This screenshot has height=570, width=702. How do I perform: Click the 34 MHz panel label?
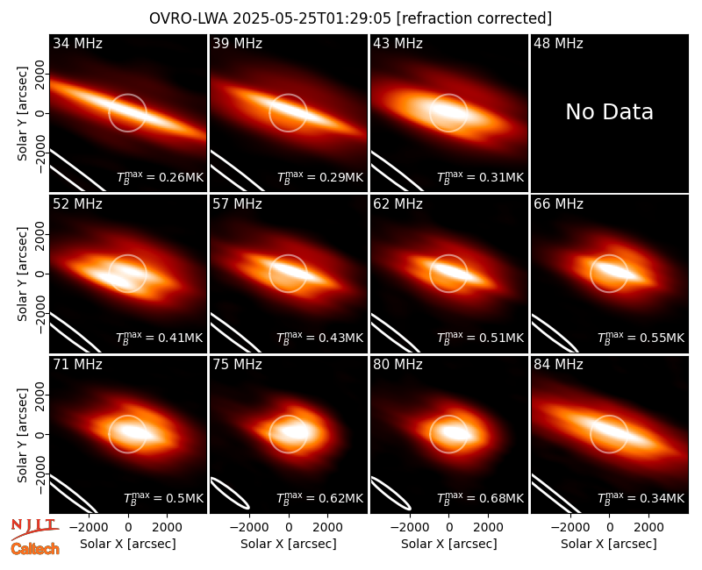click(x=77, y=43)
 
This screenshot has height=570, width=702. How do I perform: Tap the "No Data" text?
click(x=609, y=111)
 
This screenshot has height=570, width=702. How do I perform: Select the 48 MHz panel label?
click(x=558, y=43)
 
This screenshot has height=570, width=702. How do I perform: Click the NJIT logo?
click(x=34, y=529)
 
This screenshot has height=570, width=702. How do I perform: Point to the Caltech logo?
click(x=35, y=549)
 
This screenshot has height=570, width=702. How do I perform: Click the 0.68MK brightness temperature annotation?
click(x=480, y=497)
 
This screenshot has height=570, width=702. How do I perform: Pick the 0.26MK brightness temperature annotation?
click(x=160, y=177)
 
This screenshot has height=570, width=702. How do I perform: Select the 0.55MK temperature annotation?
click(x=641, y=338)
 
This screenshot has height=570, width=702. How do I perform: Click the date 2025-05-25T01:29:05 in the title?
click(x=312, y=18)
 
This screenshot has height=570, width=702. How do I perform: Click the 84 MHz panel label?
click(x=558, y=365)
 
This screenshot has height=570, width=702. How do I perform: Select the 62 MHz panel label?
click(x=398, y=204)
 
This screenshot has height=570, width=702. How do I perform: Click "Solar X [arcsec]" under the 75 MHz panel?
click(x=289, y=544)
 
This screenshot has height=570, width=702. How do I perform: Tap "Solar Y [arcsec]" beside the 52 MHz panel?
click(x=22, y=274)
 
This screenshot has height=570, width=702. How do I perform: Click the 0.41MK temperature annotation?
click(x=160, y=338)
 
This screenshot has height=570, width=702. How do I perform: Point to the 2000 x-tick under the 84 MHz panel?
click(x=648, y=527)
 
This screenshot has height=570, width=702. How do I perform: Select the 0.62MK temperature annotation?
click(x=319, y=497)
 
